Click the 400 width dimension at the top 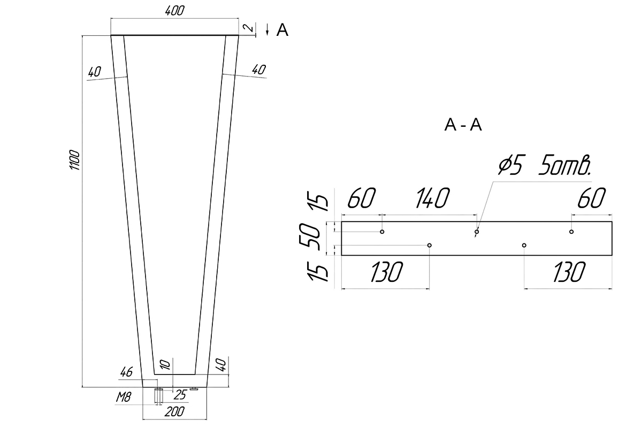point(174,11)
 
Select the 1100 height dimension point(75,159)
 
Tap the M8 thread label point(124,398)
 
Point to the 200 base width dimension point(174,412)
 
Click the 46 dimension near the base point(126,372)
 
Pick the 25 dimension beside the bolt point(180,395)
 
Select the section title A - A point(463,125)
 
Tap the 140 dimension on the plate point(432,198)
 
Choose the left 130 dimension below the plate point(386,272)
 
